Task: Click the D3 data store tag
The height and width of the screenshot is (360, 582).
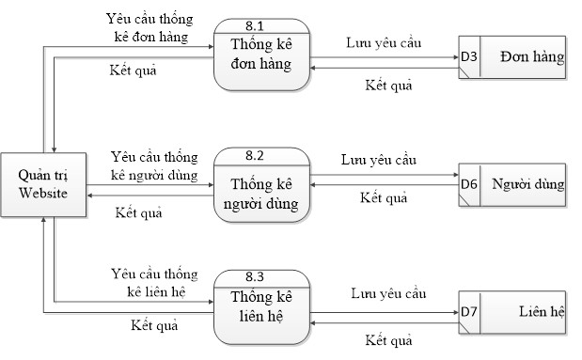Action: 469,58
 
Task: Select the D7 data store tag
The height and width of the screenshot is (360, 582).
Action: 469,311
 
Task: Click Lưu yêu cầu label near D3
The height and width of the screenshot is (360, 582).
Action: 384,43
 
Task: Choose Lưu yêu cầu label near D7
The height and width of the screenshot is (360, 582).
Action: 387,294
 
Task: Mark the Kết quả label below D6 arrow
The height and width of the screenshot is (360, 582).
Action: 384,198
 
